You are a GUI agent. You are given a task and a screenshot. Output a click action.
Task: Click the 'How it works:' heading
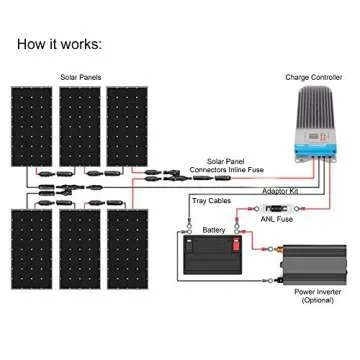59,45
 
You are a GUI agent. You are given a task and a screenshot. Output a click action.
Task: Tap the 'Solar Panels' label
80,77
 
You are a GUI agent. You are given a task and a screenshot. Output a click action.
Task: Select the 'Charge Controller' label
313,77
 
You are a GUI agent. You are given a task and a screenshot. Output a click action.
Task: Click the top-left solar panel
32,126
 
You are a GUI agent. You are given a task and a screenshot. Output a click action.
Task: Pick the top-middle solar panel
80,126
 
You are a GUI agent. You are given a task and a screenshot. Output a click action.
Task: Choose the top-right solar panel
127,126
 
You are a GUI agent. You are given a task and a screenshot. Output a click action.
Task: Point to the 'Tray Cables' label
211,200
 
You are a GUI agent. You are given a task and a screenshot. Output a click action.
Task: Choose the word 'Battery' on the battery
213,229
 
